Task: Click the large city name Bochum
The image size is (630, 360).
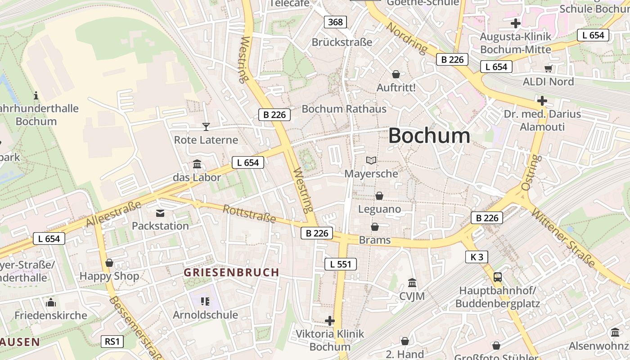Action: tap(429, 135)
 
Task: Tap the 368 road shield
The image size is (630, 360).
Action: tap(335, 22)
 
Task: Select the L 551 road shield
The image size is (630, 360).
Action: tap(341, 264)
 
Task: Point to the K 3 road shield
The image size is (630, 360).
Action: tap(477, 257)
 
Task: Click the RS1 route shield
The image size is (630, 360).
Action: tap(112, 342)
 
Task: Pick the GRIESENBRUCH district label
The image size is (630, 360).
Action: tap(231, 272)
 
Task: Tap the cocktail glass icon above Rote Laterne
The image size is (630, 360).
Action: tap(206, 127)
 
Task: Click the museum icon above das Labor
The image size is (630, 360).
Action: tap(197, 164)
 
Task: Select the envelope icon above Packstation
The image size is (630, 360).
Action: tap(160, 213)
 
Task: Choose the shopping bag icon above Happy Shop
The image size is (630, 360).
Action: tap(109, 263)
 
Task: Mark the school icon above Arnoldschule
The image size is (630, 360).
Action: tap(205, 301)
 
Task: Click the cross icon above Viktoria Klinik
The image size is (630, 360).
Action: tap(330, 321)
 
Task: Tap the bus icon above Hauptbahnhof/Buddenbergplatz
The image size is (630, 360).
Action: tap(498, 277)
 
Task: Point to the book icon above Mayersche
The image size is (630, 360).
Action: tap(371, 160)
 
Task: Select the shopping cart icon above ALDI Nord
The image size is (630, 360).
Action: tap(548, 68)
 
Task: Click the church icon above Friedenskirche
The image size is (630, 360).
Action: tap(51, 302)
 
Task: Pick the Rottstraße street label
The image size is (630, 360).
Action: tap(249, 213)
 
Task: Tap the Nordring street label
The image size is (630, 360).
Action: tap(407, 37)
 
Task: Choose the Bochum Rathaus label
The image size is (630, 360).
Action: tap(344, 109)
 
